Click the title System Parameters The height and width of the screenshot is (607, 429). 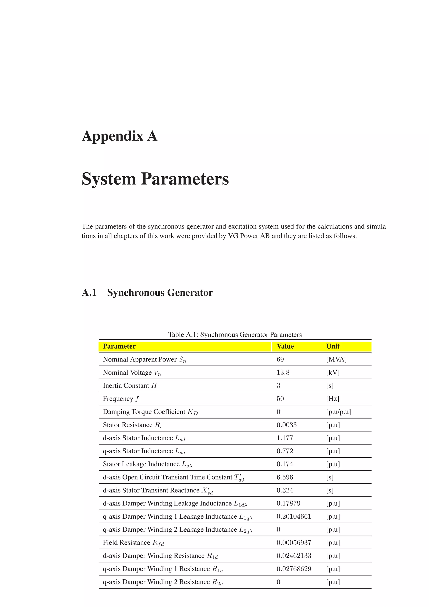tap(155, 179)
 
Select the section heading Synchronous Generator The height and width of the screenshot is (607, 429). tap(160, 293)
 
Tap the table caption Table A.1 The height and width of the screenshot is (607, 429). tap(235, 335)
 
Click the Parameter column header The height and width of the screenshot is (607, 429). tap(119, 346)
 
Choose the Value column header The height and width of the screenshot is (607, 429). tap(285, 346)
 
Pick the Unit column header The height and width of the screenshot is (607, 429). tap(333, 346)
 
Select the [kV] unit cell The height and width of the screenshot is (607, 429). tap(333, 372)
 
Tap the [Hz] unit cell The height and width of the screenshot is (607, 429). tap(332, 399)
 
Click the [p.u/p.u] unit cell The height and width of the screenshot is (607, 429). tap(338, 412)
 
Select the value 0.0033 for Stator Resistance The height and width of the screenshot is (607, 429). tap(287, 425)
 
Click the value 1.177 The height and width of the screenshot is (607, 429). tap(285, 438)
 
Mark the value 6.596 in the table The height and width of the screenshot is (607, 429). tap(285, 477)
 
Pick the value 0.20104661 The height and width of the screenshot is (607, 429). tap(294, 517)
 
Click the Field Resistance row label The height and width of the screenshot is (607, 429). tap(133, 543)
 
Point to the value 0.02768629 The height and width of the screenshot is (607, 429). tap(294, 569)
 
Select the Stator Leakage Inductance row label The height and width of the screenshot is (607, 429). tap(147, 464)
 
